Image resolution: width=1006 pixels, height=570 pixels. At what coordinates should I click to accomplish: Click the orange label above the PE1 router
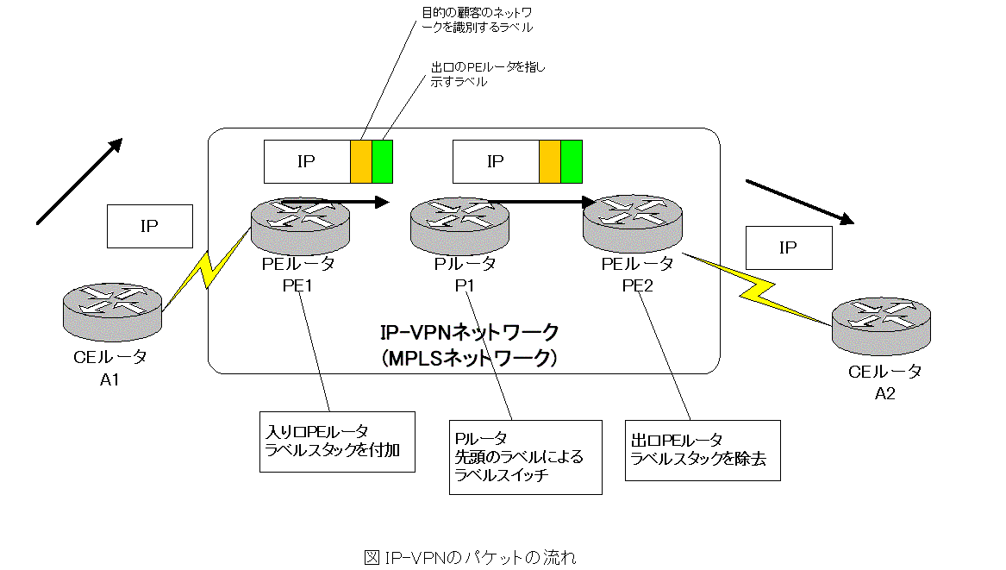(x=361, y=162)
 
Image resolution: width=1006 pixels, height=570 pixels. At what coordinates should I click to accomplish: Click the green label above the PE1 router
(x=383, y=162)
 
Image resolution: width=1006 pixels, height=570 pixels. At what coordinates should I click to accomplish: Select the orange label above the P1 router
(x=550, y=162)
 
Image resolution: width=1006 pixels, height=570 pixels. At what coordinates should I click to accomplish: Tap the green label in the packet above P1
(x=572, y=162)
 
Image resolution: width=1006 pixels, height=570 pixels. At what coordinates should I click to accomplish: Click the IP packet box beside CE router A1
(x=149, y=226)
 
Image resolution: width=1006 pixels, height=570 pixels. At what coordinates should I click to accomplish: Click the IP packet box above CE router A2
(x=788, y=248)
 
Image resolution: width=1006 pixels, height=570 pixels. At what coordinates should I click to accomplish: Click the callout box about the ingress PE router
(x=336, y=441)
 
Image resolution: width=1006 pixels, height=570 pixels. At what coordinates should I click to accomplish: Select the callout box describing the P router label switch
(x=525, y=456)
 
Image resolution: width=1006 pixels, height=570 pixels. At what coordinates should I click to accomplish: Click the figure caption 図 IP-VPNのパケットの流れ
(x=470, y=557)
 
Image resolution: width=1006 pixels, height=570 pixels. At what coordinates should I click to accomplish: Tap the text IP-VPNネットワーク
(x=470, y=331)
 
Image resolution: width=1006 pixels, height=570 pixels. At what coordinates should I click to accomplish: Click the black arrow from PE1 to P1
(x=345, y=203)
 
